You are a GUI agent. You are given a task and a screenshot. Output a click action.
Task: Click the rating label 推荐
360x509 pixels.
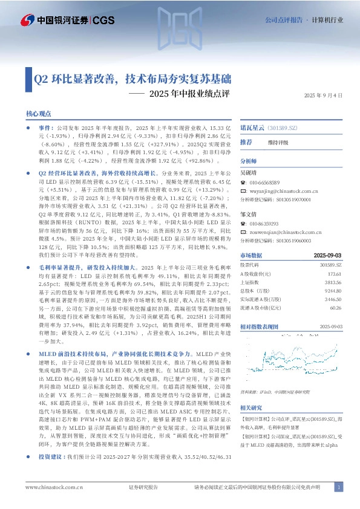pyautogui.click(x=246, y=142)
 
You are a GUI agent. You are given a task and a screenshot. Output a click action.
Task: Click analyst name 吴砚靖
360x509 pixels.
pyautogui.click(x=250, y=173)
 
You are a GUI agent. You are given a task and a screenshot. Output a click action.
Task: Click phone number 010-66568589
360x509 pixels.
pyautogui.click(x=266, y=182)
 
